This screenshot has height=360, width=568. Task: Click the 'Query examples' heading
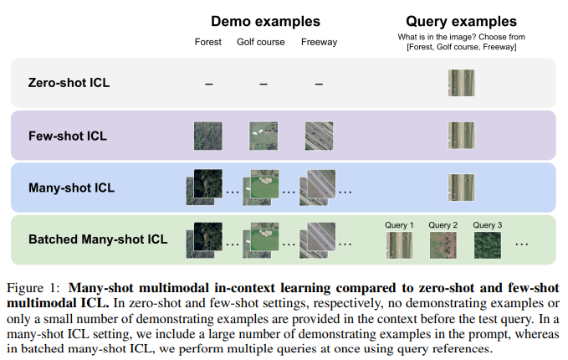(461, 21)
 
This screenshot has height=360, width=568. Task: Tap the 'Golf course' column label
(262, 43)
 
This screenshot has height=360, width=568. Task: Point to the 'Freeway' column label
(319, 43)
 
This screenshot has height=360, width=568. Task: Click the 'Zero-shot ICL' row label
(69, 83)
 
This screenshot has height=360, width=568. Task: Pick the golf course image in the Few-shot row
(262, 135)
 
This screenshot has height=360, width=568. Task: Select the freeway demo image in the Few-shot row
(319, 135)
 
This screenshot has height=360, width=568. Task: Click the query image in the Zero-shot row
(461, 83)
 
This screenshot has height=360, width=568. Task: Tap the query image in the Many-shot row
(461, 187)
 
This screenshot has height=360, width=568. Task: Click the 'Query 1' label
(399, 225)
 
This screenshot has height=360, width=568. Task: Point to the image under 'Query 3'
(487, 244)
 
